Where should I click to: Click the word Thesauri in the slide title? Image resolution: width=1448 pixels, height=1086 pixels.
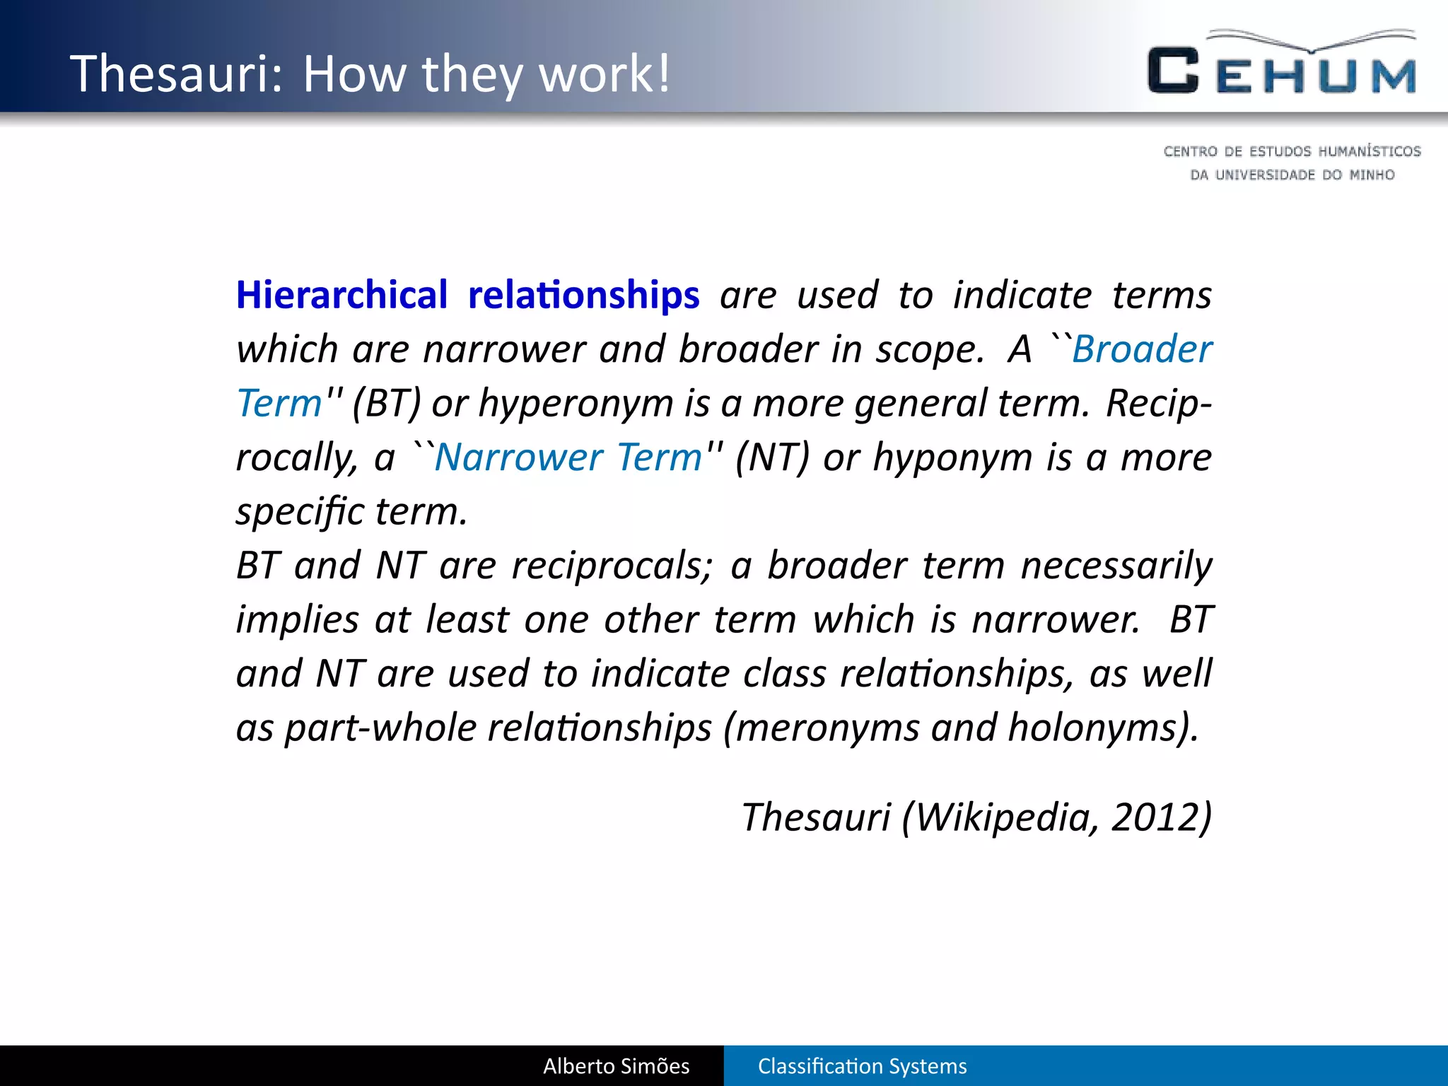coord(176,74)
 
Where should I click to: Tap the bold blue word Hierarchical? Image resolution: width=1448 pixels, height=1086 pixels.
coord(342,295)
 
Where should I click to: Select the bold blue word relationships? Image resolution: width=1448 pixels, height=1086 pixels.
coord(583,295)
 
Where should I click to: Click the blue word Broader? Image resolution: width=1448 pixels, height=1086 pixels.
coord(1141,349)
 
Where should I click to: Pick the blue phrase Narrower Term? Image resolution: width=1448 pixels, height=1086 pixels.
coord(568,457)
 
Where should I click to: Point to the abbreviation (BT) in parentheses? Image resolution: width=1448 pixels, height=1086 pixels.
coord(386,404)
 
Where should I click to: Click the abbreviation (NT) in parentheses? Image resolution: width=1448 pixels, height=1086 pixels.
coord(771,457)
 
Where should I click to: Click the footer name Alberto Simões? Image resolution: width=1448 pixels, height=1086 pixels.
coord(616,1066)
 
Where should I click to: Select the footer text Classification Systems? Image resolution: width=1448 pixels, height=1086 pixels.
coord(862,1066)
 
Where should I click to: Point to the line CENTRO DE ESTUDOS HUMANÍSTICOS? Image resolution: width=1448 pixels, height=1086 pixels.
coord(1292,151)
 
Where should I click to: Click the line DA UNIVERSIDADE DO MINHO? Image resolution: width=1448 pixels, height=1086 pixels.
coord(1292,175)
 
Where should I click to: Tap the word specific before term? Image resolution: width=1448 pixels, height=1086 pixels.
coord(300,512)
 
